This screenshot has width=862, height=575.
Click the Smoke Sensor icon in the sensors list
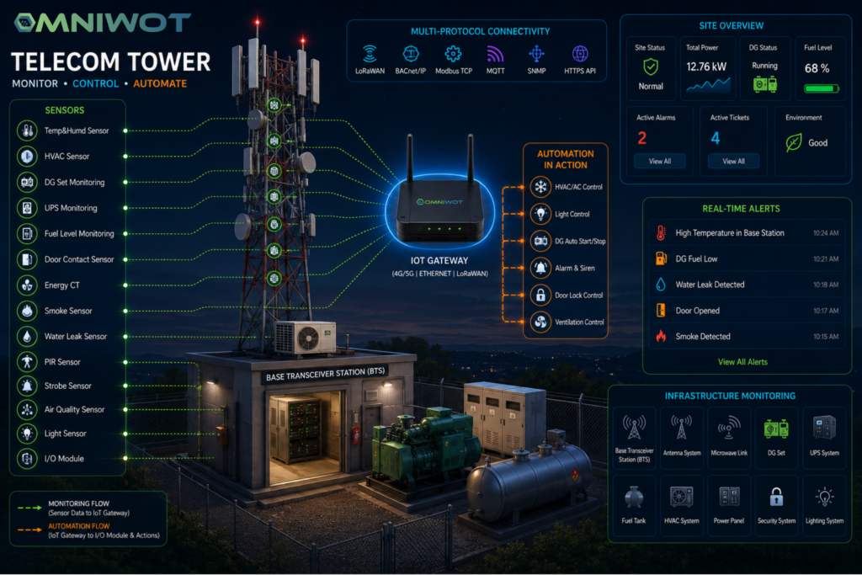pyautogui.click(x=27, y=311)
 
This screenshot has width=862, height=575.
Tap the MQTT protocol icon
pyautogui.click(x=495, y=54)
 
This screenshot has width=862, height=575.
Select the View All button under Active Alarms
pyautogui.click(x=660, y=161)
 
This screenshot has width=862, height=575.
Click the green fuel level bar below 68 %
pyautogui.click(x=822, y=88)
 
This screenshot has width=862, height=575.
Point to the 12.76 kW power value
pyautogui.click(x=706, y=67)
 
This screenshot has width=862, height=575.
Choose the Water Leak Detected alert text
pyautogui.click(x=710, y=285)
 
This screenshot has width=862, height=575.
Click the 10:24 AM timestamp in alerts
pyautogui.click(x=826, y=233)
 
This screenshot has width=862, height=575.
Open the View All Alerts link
pyautogui.click(x=742, y=362)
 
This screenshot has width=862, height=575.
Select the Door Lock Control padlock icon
pyautogui.click(x=540, y=295)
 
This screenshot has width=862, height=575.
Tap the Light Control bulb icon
pyautogui.click(x=540, y=214)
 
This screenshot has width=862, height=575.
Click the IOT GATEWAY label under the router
pyautogui.click(x=439, y=261)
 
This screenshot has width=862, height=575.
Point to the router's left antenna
pyautogui.click(x=410, y=157)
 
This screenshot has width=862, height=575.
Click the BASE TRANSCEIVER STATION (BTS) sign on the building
pyautogui.click(x=326, y=374)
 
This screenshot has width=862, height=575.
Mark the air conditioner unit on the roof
pyautogui.click(x=305, y=337)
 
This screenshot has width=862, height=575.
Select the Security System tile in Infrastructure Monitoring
pyautogui.click(x=776, y=505)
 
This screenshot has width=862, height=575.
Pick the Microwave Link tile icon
pyautogui.click(x=729, y=428)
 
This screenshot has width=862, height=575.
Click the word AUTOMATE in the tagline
pyautogui.click(x=160, y=83)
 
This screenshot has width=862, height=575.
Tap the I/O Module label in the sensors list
pyautogui.click(x=64, y=459)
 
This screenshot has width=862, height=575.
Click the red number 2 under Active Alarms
pyautogui.click(x=641, y=138)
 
